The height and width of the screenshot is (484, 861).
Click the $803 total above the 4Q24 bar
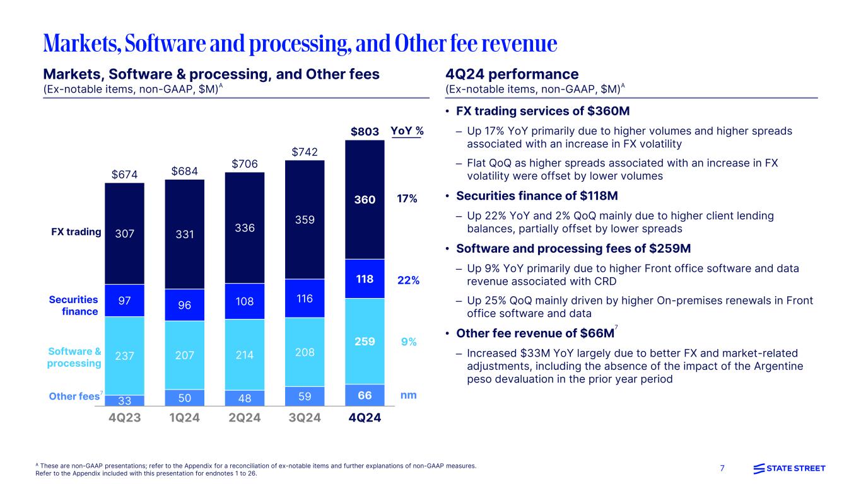click(x=365, y=132)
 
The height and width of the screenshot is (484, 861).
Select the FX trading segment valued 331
click(x=185, y=234)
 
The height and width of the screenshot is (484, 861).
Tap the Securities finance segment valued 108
click(x=245, y=301)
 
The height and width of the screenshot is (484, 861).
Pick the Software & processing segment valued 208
click(x=305, y=353)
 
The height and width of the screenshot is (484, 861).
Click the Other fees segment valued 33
click(x=125, y=400)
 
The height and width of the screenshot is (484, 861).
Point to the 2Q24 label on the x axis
click(x=245, y=418)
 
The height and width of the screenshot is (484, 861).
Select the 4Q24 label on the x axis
click(x=365, y=418)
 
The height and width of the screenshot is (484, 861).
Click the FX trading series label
click(x=76, y=232)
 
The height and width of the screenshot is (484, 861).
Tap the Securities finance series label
click(x=73, y=306)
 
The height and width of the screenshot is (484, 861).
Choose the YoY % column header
click(x=407, y=131)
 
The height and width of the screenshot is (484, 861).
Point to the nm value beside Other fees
click(x=408, y=395)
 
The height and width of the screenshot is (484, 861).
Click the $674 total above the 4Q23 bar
click(x=125, y=173)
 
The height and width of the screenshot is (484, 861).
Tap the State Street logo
click(x=789, y=468)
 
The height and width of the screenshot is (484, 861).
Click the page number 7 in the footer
click(x=723, y=468)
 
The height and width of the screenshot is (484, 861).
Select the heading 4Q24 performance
click(x=512, y=74)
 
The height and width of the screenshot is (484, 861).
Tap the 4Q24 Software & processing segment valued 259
click(x=365, y=342)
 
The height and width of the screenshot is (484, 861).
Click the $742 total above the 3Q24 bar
click(x=305, y=152)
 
